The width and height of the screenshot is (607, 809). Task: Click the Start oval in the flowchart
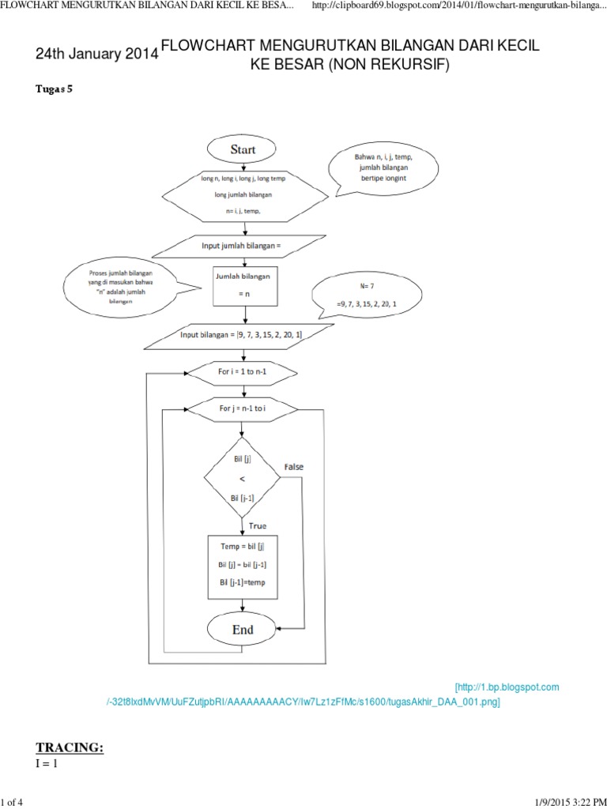[243, 149]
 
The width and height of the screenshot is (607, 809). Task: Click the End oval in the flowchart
[243, 630]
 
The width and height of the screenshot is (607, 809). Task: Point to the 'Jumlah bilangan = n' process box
[245, 285]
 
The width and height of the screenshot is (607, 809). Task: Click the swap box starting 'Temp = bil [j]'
[241, 564]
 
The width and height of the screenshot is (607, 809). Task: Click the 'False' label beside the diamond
[293, 467]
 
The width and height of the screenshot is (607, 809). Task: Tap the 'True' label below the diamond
[258, 525]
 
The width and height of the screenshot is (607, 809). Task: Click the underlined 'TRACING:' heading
[70, 748]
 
